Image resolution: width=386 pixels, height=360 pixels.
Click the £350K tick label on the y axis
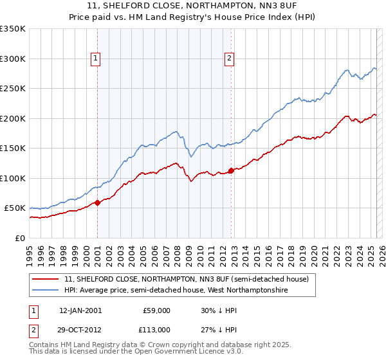[13, 29]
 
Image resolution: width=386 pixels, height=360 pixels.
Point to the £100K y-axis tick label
[13, 178]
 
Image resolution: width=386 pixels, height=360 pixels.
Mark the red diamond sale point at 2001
[98, 203]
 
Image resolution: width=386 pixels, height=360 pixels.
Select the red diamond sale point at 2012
[232, 170]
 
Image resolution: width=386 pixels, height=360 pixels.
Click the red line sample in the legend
[46, 280]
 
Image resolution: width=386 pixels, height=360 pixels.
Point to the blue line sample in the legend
[46, 291]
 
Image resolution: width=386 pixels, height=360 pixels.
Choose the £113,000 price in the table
[156, 330]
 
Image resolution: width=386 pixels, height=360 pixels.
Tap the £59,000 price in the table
[156, 310]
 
